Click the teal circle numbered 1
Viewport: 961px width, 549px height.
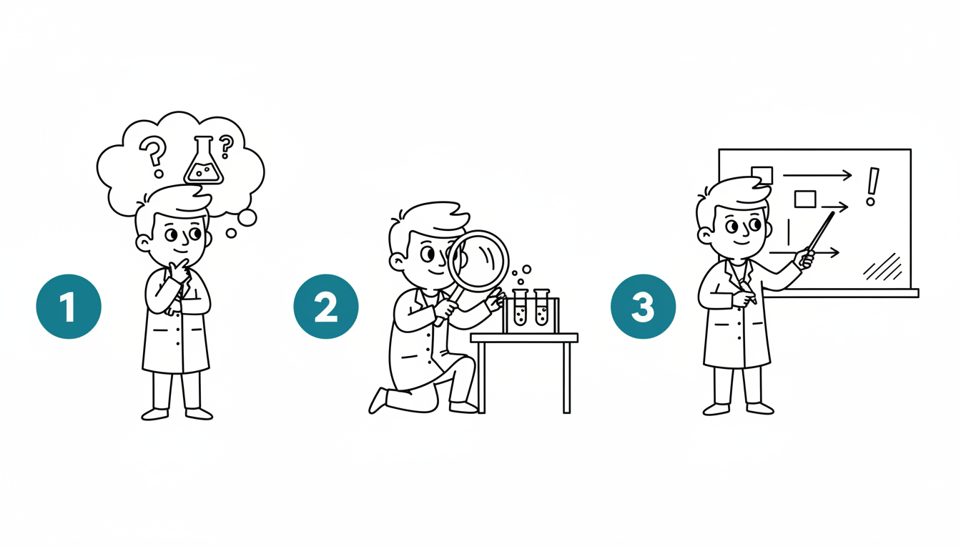[x=69, y=307]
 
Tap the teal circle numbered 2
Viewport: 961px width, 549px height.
[x=326, y=307]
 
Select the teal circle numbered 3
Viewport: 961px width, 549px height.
[x=643, y=307]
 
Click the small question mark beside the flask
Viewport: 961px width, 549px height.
[x=226, y=147]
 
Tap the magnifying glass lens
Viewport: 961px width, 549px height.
[x=478, y=261]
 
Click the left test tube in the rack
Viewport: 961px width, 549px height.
[x=521, y=307]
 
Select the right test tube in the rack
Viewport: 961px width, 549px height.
[x=542, y=307]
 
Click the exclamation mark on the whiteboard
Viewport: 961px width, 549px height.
[x=872, y=187]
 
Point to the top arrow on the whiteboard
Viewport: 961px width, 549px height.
[x=817, y=175]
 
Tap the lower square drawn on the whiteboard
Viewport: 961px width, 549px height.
[x=805, y=199]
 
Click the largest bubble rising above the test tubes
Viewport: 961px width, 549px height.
[x=527, y=269]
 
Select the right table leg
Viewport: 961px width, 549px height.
[x=567, y=378]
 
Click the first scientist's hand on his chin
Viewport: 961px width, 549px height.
[x=180, y=269]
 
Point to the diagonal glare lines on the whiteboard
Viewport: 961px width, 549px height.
[x=882, y=267]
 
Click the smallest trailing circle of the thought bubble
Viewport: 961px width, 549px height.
[x=231, y=233]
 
